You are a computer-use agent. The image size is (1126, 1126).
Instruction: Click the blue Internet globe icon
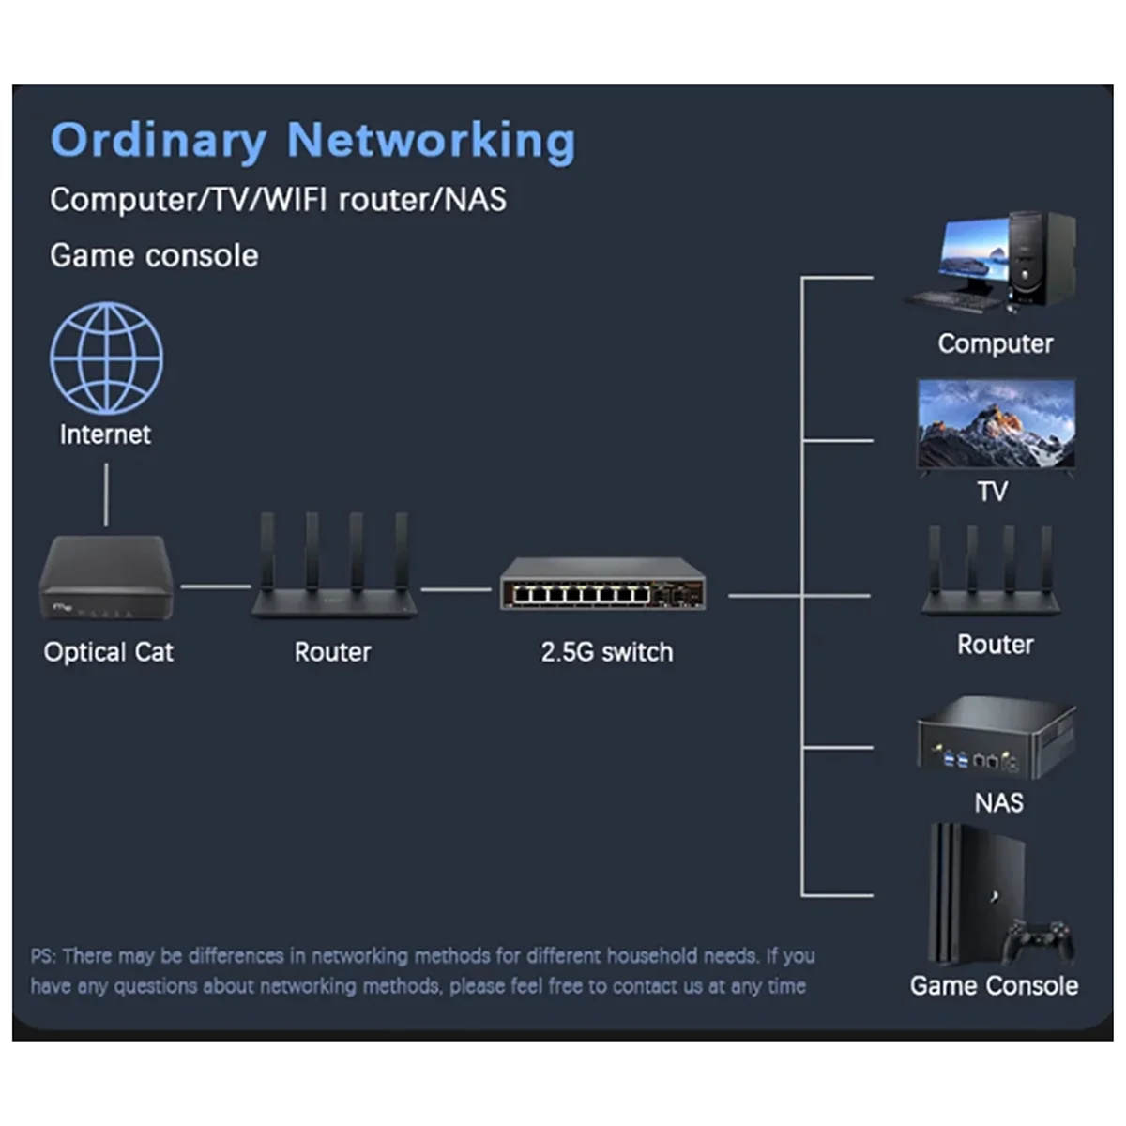coord(106,358)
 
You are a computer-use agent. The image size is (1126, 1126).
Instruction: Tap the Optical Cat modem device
coord(106,577)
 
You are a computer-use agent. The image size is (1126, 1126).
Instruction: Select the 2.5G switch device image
coord(602,585)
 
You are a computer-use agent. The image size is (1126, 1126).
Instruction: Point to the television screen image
coord(996,424)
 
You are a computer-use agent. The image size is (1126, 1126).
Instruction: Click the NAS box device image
coord(996,739)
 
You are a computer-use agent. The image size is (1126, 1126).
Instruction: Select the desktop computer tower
coord(1042,258)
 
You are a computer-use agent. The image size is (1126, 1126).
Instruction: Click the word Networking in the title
coord(431,141)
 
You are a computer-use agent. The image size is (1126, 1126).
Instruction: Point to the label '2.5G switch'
coord(606,652)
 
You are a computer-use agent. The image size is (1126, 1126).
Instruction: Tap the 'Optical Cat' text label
coord(109,652)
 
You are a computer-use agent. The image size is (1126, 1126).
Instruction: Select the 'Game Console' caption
coord(994,986)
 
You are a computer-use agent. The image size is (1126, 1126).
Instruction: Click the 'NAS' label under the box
coord(998,803)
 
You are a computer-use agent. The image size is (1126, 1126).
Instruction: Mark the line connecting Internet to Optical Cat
coord(106,495)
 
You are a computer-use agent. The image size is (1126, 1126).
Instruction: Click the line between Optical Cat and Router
coord(215,586)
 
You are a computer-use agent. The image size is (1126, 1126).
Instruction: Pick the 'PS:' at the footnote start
coord(43,956)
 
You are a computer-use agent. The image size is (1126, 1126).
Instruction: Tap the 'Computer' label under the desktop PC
coord(995,343)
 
